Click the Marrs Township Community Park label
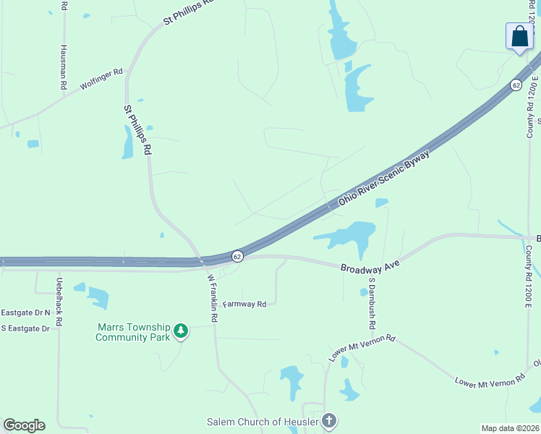(x=132, y=332)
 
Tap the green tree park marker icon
(x=181, y=332)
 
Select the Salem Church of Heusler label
(x=263, y=422)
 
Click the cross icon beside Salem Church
(x=329, y=420)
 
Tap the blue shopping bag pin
(x=519, y=37)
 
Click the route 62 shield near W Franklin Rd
(x=237, y=257)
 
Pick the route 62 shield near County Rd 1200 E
(x=515, y=85)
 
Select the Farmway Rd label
(x=245, y=305)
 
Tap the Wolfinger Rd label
(x=102, y=79)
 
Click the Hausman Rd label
(x=64, y=67)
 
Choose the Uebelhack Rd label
(x=59, y=297)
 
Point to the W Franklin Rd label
(x=213, y=297)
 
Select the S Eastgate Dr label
(x=25, y=328)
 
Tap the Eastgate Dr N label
(x=25, y=312)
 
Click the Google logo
(x=24, y=425)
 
